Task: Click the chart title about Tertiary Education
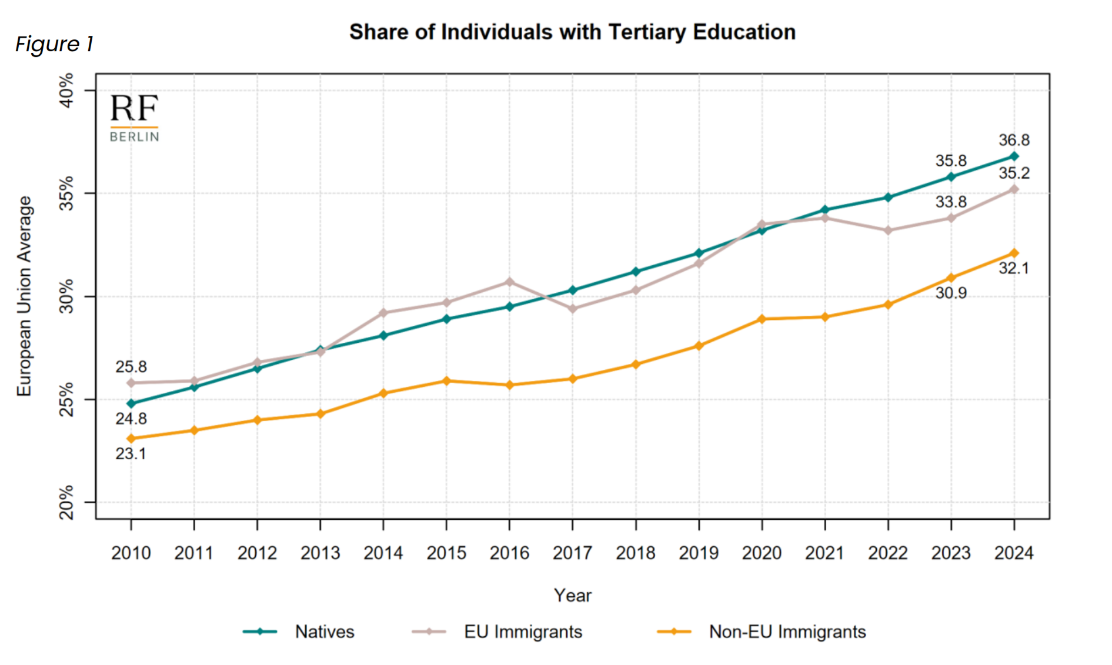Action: pos(572,32)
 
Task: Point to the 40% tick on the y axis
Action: pos(67,91)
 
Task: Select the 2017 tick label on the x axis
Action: pos(572,553)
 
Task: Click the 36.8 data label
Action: pos(1014,141)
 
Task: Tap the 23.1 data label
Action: pos(131,454)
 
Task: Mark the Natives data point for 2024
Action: pos(1014,156)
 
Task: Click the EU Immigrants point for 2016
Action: pos(510,282)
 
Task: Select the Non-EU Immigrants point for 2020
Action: pos(762,319)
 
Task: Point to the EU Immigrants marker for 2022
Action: pos(888,230)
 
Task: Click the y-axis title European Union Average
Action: pos(24,296)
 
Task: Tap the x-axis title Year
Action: pos(572,595)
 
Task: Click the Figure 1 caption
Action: pos(54,44)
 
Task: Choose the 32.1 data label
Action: pos(1014,269)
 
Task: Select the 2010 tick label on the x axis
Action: pos(131,553)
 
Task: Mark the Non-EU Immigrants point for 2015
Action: pos(446,381)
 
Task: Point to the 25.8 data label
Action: pos(131,367)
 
